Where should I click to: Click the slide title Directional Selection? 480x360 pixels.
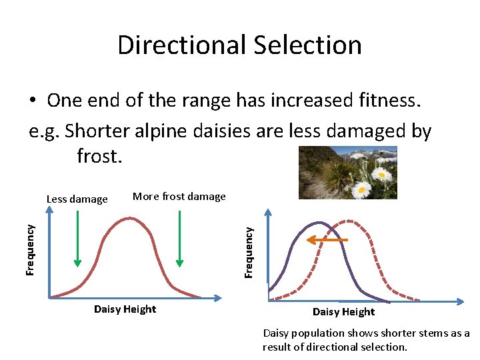point(239,45)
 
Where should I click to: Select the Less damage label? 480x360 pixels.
point(77,199)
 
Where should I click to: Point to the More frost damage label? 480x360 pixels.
point(179,196)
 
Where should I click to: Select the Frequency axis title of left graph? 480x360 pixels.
point(30,249)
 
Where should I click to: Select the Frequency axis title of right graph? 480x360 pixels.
point(249,252)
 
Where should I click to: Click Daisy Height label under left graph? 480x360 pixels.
point(125,309)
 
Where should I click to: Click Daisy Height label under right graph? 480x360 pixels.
point(343,312)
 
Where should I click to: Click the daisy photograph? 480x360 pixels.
point(347,172)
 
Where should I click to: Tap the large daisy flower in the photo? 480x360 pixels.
point(362,190)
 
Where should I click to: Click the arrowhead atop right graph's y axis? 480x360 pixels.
point(268,213)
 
